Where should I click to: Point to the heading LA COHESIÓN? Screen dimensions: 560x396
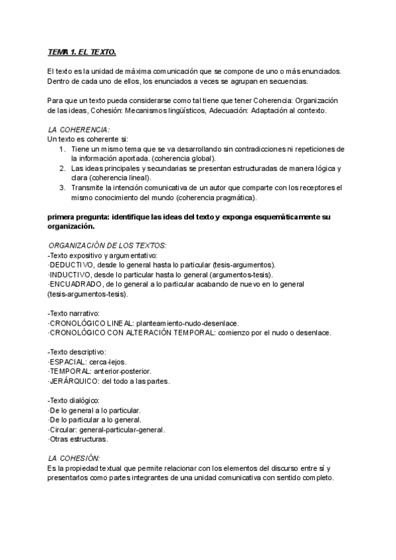tap(74, 458)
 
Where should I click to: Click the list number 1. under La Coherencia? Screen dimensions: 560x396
tap(61, 149)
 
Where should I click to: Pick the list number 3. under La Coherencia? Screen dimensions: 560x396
tap(61, 188)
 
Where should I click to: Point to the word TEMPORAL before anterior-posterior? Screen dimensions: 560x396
tap(69, 371)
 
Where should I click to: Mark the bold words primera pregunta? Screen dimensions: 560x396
tap(79, 217)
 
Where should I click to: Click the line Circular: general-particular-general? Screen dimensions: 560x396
tap(107, 429)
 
